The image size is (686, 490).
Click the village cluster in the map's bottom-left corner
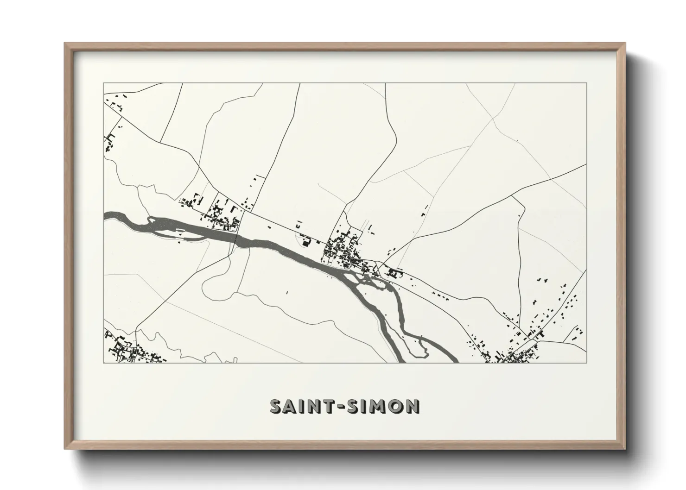(127, 351)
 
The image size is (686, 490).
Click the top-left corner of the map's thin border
(104, 83)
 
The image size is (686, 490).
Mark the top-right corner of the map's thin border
(587, 83)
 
